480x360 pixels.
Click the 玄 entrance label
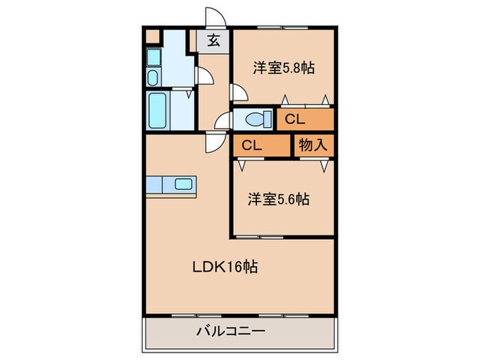tap(214, 40)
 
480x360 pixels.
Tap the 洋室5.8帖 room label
tap(283, 69)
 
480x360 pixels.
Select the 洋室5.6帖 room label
tap(278, 200)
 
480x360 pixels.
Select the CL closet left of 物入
tap(252, 145)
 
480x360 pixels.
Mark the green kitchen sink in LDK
tap(183, 184)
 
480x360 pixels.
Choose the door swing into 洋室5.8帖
tap(237, 93)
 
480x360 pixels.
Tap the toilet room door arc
tap(221, 121)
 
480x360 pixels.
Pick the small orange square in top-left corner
tap(152, 36)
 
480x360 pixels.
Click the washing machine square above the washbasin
tap(153, 57)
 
